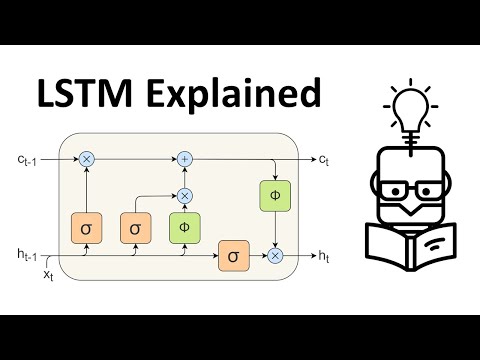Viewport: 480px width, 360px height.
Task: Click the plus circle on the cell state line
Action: pyautogui.click(x=184, y=159)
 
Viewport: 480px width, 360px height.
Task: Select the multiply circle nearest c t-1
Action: pyautogui.click(x=86, y=159)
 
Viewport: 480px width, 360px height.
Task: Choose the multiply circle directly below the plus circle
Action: pyautogui.click(x=184, y=195)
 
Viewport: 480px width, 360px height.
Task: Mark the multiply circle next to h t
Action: pyautogui.click(x=275, y=256)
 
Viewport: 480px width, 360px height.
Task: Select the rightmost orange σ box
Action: pyautogui.click(x=233, y=256)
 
